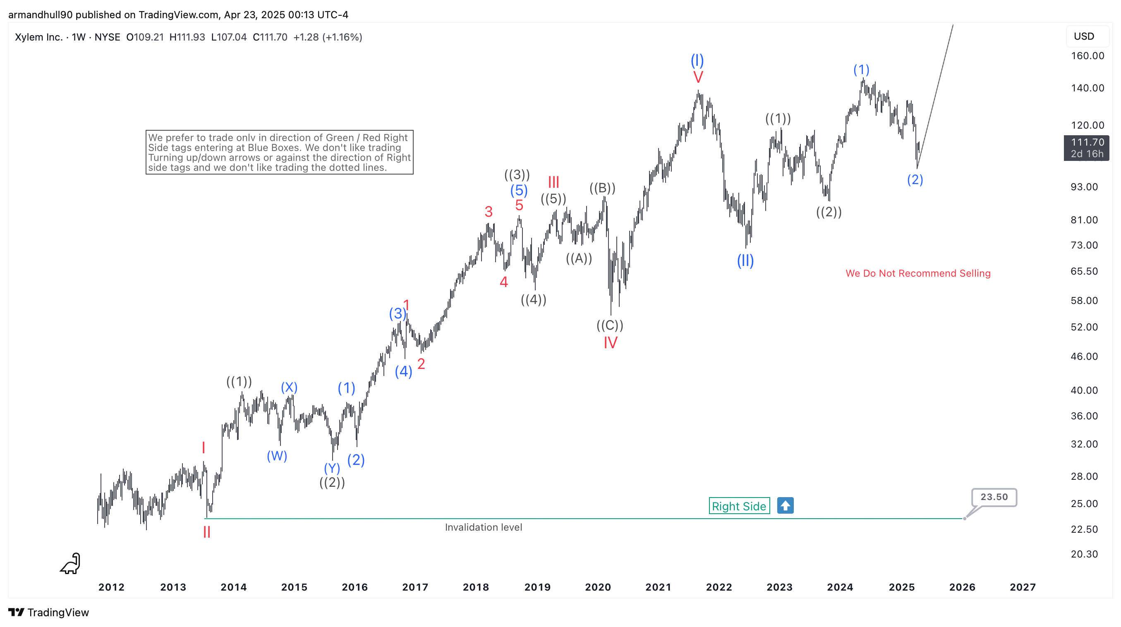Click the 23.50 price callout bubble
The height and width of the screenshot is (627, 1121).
click(994, 497)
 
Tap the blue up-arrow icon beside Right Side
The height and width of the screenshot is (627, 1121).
click(785, 505)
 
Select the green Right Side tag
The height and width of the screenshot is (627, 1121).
click(739, 506)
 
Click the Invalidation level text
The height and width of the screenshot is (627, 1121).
click(483, 527)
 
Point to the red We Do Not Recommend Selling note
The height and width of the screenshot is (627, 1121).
click(918, 273)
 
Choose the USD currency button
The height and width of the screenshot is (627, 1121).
click(1084, 36)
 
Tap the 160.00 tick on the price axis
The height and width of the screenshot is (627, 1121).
click(1087, 56)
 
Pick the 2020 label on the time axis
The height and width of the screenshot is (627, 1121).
click(597, 587)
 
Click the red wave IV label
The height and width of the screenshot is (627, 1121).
click(610, 343)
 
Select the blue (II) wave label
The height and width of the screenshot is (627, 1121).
click(745, 261)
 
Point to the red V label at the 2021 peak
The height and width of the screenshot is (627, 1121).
click(698, 77)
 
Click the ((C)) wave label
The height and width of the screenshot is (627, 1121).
click(610, 325)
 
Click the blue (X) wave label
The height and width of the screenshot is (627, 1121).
click(289, 387)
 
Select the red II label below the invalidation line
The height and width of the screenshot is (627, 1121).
click(207, 532)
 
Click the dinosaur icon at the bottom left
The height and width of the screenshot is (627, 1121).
click(70, 563)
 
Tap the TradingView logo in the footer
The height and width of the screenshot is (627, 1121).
click(49, 612)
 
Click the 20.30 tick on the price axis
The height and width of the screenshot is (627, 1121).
click(1084, 554)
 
